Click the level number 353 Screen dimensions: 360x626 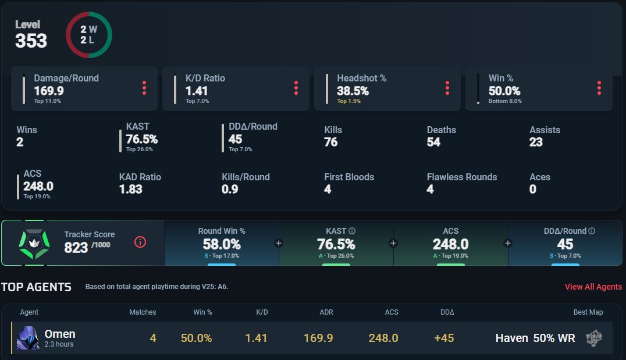(31, 41)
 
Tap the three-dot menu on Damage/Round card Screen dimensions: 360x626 (144, 88)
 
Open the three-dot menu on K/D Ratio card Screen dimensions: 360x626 (296, 88)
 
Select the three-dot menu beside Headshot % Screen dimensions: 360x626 (447, 88)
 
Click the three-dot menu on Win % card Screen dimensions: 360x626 (599, 88)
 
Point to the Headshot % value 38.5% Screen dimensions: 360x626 (353, 91)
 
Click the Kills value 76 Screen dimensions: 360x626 (330, 142)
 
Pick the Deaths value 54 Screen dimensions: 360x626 (433, 142)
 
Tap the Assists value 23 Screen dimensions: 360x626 (536, 142)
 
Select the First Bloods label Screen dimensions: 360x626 (349, 177)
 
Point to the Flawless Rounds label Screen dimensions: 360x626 (462, 177)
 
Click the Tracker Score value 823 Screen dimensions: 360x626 (76, 247)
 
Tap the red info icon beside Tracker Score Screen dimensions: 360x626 (140, 242)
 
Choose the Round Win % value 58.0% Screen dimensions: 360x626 (222, 244)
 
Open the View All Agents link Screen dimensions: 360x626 (593, 287)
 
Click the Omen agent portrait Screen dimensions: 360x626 (28, 338)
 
